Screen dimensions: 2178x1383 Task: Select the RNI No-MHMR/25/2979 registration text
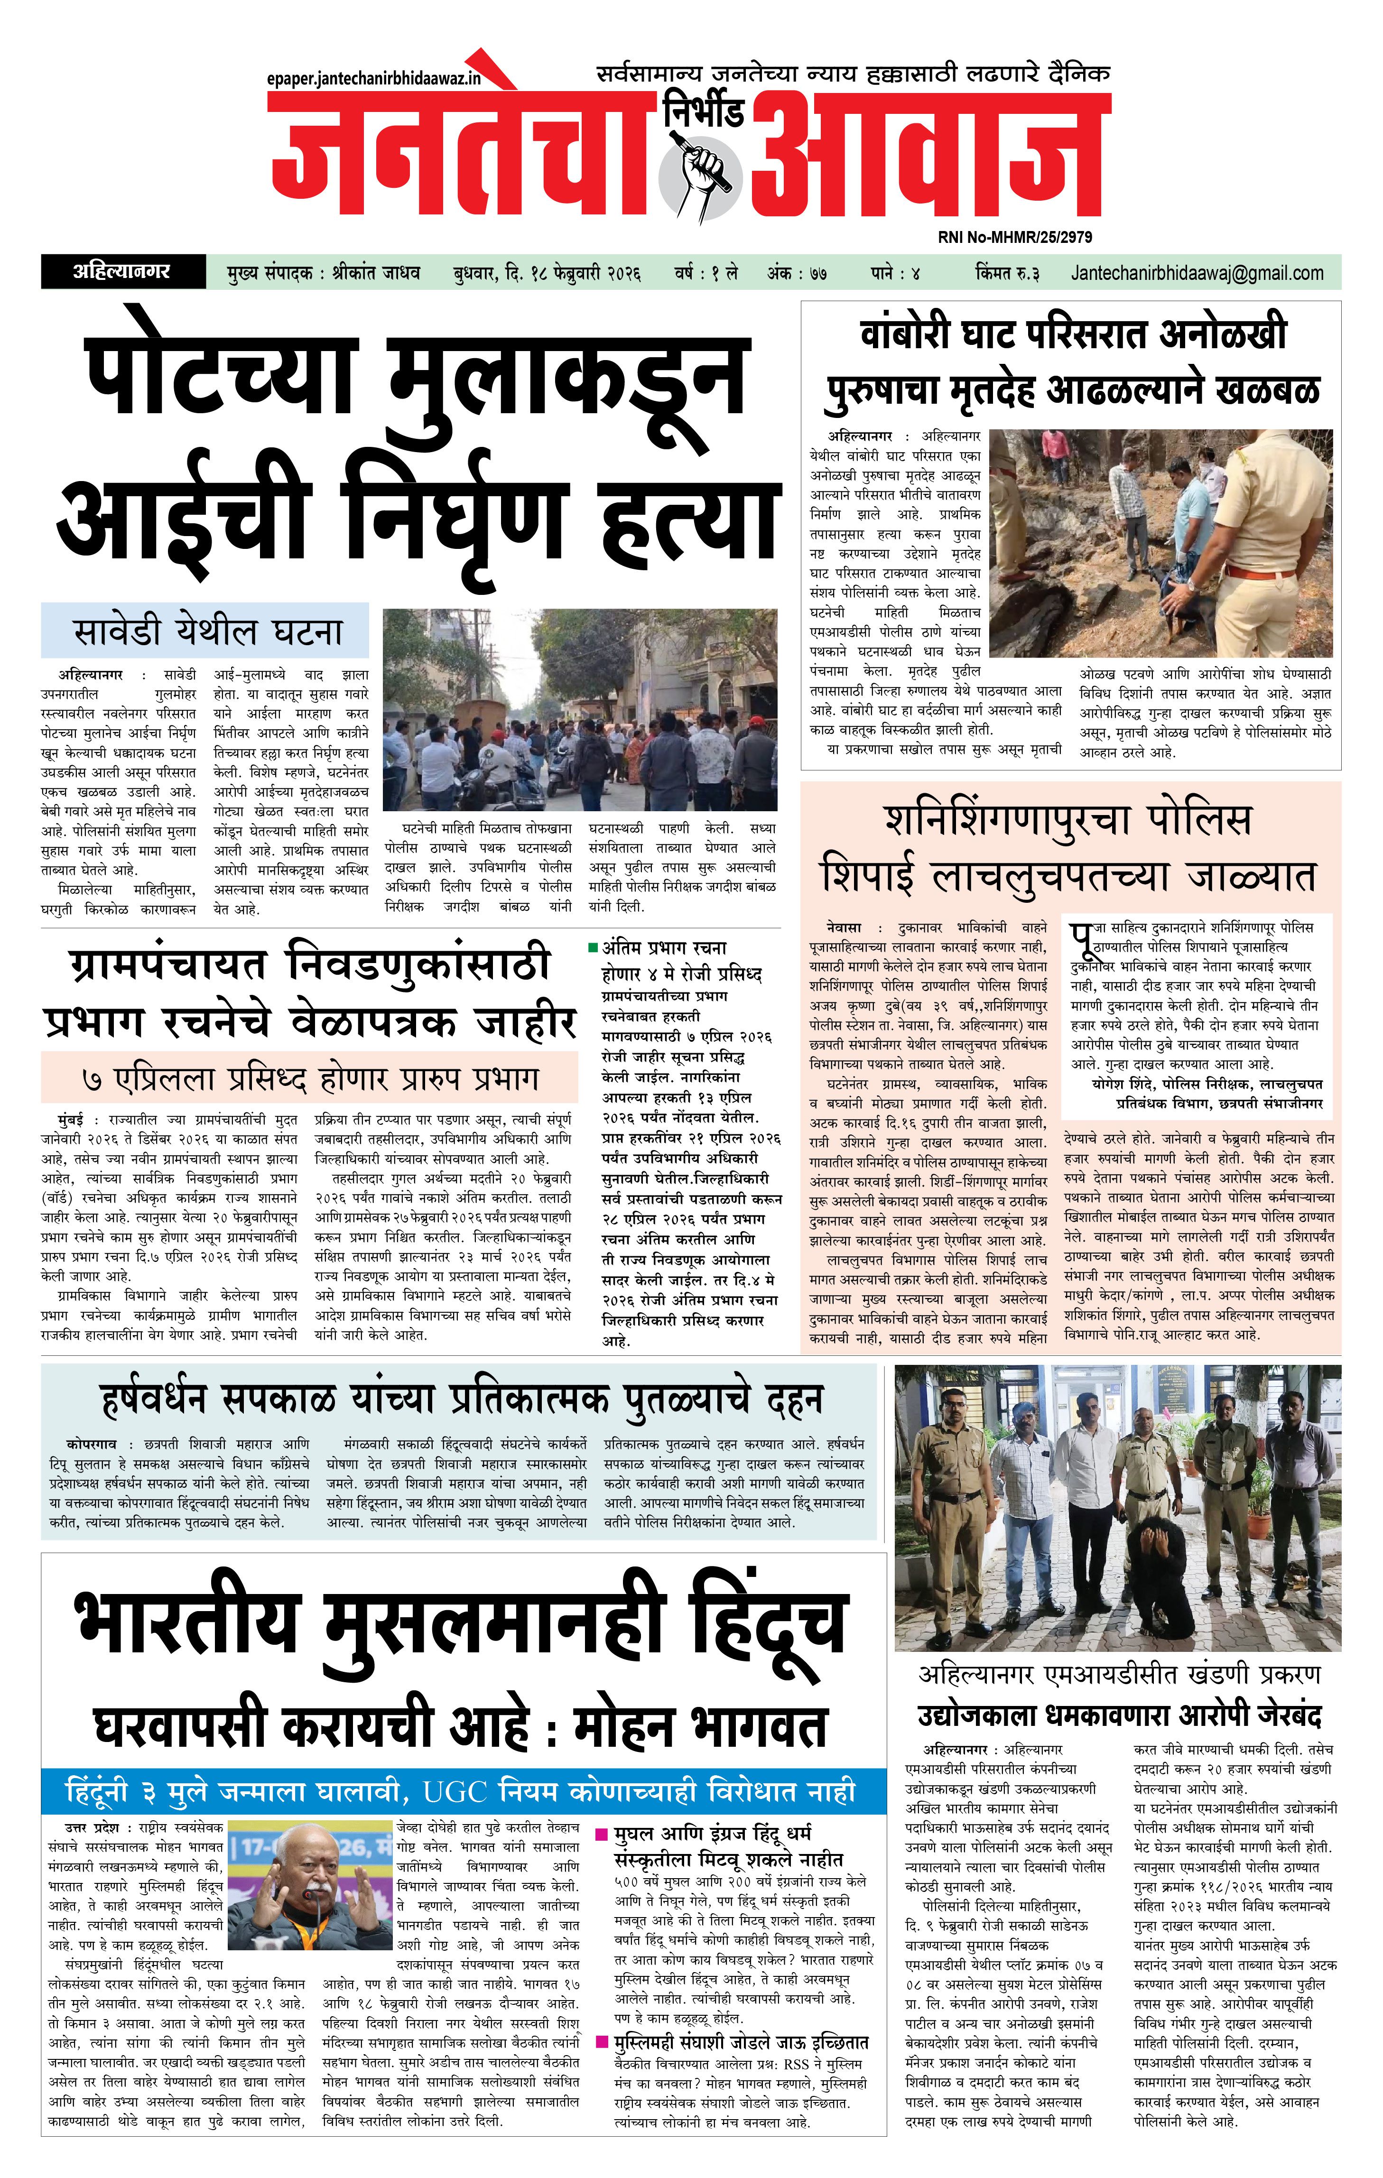coord(1014,237)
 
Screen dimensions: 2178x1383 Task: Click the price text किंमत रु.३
coord(1007,272)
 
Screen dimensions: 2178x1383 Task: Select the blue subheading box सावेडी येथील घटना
coord(206,630)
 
